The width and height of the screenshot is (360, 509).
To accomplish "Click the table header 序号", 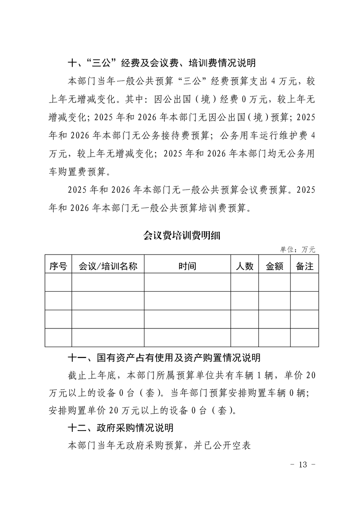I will (x=58, y=266).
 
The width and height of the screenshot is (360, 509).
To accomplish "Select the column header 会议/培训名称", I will (x=108, y=266).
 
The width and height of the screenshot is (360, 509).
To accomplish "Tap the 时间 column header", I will (x=187, y=266).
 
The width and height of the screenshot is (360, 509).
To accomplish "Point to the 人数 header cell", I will (x=245, y=266).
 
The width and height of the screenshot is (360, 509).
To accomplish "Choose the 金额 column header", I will (x=274, y=266).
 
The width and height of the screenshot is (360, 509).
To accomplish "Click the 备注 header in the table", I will (x=304, y=266).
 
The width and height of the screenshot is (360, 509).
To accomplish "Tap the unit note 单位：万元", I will (x=297, y=250).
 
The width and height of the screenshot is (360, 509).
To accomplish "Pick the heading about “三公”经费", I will (x=155, y=63).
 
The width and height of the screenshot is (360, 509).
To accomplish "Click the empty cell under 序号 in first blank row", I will (x=58, y=282).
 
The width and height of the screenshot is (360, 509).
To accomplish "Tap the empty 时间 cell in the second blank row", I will (x=187, y=301).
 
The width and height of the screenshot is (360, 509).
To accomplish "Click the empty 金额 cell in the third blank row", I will (x=274, y=319).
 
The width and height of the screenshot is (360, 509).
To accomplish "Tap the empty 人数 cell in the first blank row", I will (x=245, y=282).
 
